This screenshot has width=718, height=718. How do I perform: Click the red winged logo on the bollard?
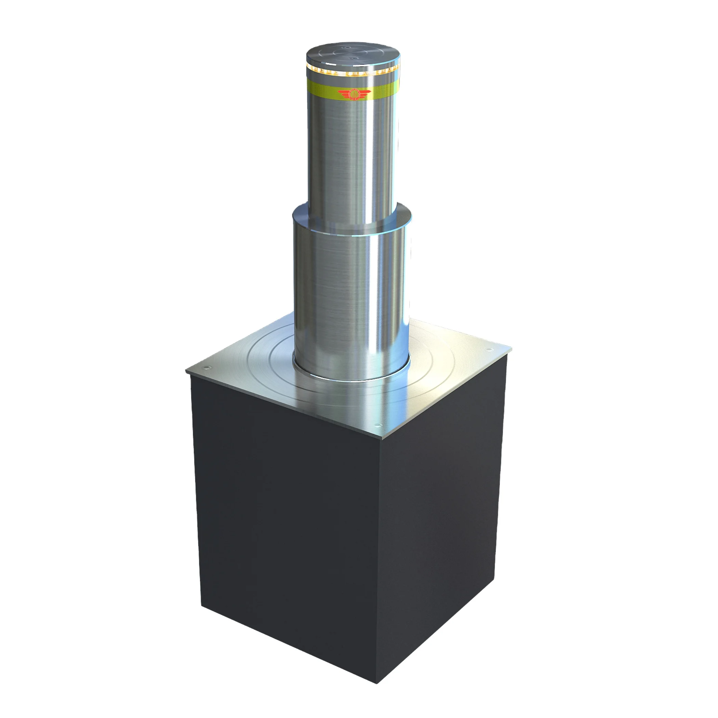tap(354, 94)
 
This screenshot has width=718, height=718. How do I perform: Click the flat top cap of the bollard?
tap(353, 54)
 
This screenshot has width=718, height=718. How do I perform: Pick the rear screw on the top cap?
tap(346, 47)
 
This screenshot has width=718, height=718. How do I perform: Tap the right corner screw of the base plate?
tap(489, 350)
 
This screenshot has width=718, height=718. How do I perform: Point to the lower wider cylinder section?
tap(351, 297)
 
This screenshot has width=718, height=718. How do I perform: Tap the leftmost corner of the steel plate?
tap(186, 371)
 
